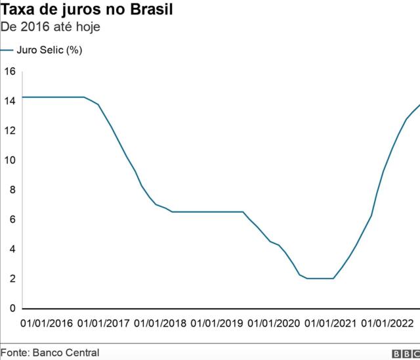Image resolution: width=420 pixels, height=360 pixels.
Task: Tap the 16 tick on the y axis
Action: point(9,71)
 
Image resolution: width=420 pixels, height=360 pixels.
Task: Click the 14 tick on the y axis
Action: point(9,101)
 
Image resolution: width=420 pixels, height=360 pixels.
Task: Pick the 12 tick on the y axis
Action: point(9,130)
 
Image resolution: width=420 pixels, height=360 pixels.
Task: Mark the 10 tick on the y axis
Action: point(9,160)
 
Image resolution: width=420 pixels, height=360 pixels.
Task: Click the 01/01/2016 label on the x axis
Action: point(47,323)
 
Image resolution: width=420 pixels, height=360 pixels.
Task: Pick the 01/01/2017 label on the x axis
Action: point(104,323)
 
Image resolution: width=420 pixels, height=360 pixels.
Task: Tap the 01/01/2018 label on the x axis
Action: point(160,323)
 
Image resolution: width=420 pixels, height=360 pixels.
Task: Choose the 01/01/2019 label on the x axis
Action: point(217,323)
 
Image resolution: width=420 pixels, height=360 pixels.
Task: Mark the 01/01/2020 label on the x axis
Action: point(273,323)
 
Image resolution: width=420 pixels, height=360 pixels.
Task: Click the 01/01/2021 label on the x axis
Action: point(329,323)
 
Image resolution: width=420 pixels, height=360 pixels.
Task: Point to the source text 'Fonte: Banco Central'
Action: point(50,353)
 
